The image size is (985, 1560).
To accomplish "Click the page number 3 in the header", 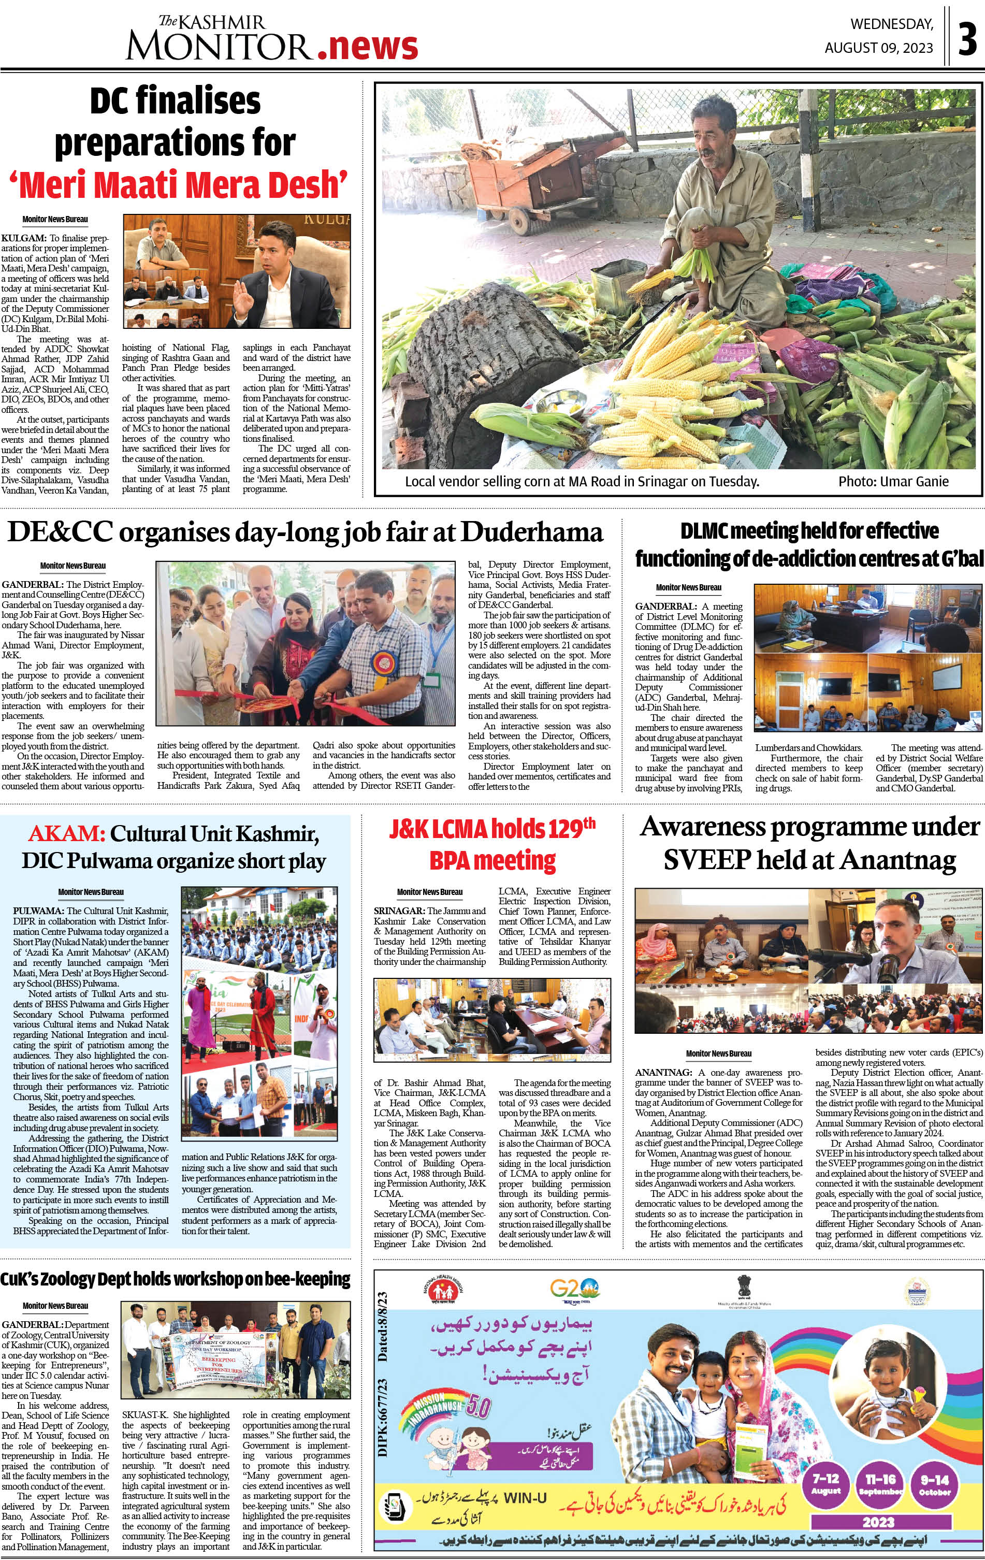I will coord(967,39).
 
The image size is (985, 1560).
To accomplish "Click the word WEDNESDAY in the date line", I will coord(892,25).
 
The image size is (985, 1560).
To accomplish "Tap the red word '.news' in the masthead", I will coord(367,47).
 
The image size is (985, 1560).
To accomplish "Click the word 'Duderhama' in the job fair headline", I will coord(532,532).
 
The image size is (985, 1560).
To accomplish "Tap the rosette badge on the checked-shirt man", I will coord(382,664).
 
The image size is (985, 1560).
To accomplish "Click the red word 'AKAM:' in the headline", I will coord(66,834).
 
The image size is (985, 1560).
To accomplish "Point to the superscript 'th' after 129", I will coord(588,824).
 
